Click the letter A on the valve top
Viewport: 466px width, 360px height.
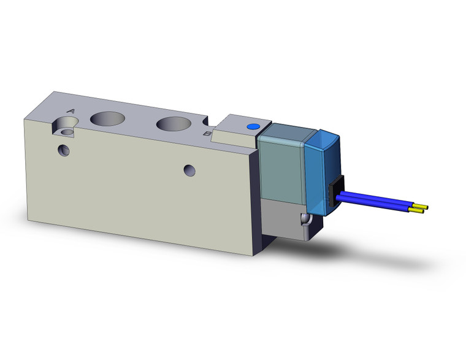pos(71,111)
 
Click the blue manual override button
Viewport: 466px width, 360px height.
pos(251,126)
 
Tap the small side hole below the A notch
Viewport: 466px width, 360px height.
pos(62,149)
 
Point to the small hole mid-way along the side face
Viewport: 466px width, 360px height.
pos(190,169)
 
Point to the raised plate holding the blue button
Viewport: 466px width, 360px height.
pos(236,128)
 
